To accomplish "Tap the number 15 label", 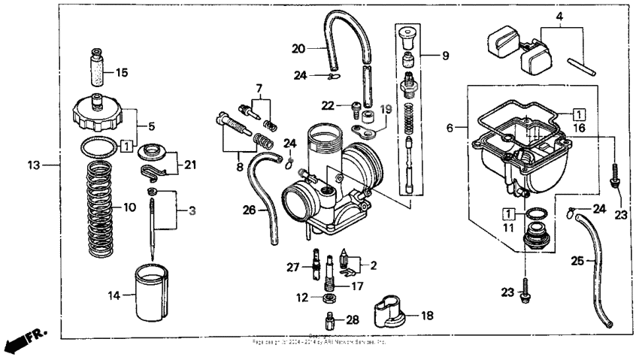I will [122, 73].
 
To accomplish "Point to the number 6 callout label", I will [450, 129].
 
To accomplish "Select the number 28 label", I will [351, 320].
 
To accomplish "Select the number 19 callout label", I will [386, 110].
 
